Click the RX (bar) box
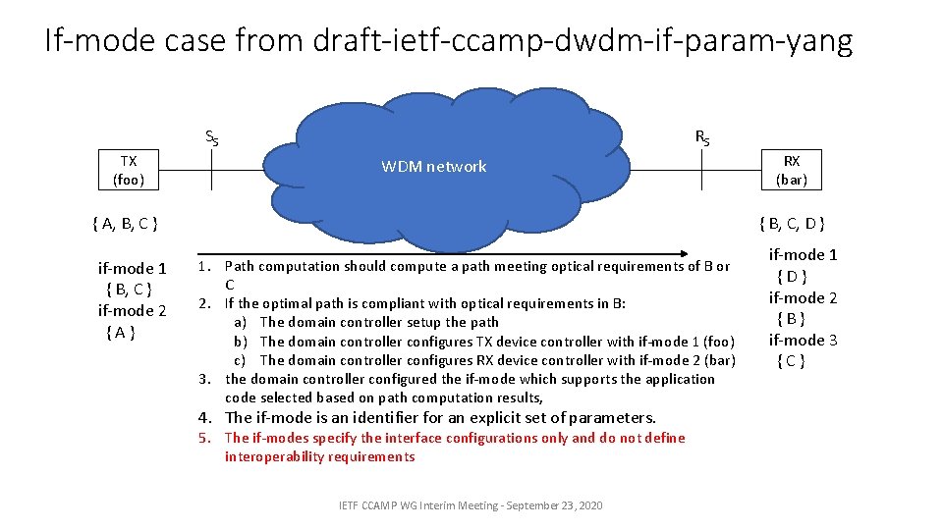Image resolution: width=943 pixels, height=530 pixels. pos(791,170)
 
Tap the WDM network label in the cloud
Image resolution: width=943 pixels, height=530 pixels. pos(433,167)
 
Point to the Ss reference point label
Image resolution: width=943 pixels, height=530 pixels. pos(211,137)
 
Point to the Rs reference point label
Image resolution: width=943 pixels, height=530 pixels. pos(702,137)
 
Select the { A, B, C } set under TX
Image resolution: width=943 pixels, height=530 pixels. pos(125,224)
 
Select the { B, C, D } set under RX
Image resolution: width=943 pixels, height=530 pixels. pos(792,224)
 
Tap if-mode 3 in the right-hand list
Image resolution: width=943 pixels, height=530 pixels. pos(803,340)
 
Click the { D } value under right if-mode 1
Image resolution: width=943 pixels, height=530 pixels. pos(791,277)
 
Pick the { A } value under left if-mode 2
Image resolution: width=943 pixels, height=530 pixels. pos(119,332)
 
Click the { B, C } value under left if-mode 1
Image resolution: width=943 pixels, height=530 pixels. pos(128,290)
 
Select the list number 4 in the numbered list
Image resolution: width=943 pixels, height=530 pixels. pos(204,417)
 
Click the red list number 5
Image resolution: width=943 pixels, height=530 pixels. pos(204,438)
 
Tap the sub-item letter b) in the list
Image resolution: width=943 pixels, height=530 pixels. pos(240,342)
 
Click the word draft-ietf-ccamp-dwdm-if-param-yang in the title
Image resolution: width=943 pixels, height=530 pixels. pos(582,41)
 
